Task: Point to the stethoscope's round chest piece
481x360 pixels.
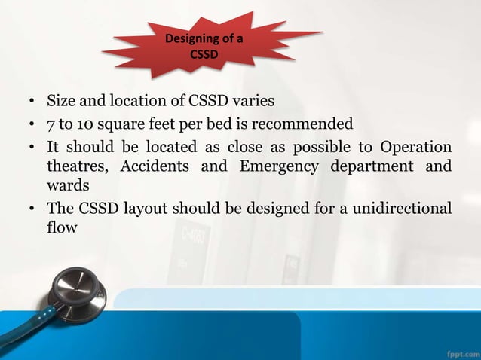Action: [x=78, y=289]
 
